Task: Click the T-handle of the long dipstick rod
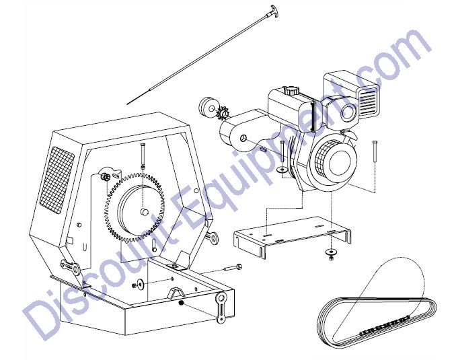[274, 11]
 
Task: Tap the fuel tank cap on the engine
[291, 91]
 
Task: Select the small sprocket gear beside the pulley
[223, 112]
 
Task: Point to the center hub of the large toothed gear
[144, 211]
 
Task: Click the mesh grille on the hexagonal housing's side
[56, 180]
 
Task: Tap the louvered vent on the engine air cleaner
[369, 98]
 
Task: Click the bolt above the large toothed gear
[143, 153]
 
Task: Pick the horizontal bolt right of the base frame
[233, 267]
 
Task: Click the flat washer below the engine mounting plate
[330, 252]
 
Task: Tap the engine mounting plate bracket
[293, 236]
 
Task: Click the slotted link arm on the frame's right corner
[221, 308]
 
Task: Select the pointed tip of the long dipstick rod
[128, 104]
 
